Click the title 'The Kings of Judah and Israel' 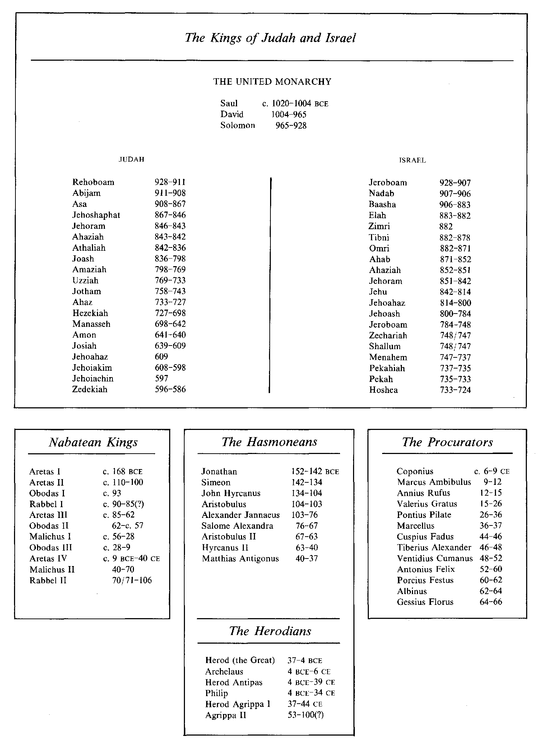(270, 38)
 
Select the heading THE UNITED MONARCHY (272, 82)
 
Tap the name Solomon (238, 125)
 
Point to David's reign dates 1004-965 (289, 115)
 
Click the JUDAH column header (131, 159)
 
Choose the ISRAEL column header (412, 161)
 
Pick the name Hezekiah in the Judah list (90, 313)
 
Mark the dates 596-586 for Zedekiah (170, 389)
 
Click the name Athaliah (89, 248)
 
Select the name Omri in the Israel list (379, 249)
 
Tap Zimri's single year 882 (446, 227)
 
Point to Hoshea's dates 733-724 (455, 390)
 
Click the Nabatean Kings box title (93, 442)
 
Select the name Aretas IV (48, 559)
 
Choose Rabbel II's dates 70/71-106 (132, 580)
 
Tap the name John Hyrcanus (231, 493)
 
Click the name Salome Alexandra (237, 526)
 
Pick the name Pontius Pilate (424, 515)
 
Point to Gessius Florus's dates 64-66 (491, 602)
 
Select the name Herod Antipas (234, 682)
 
